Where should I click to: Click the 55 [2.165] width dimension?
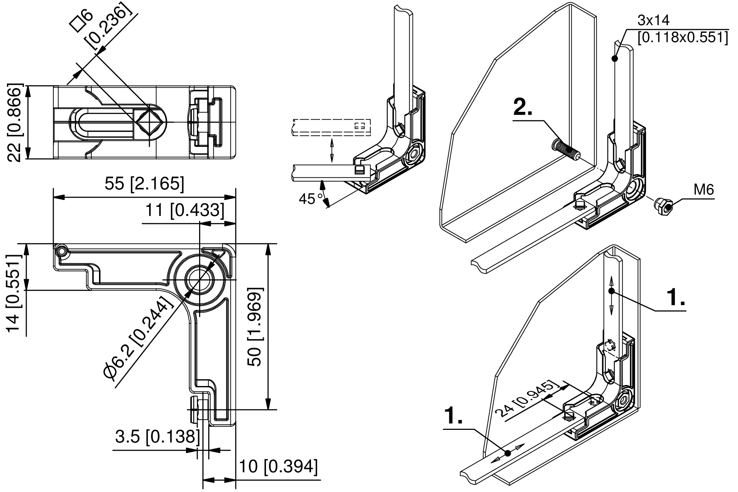click(x=144, y=183)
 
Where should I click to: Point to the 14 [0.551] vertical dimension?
click(x=14, y=292)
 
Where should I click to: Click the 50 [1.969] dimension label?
click(x=255, y=326)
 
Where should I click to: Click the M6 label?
click(x=703, y=190)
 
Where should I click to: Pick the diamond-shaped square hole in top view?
click(x=150, y=121)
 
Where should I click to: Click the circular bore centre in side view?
click(x=199, y=280)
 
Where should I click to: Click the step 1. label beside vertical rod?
click(x=676, y=297)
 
